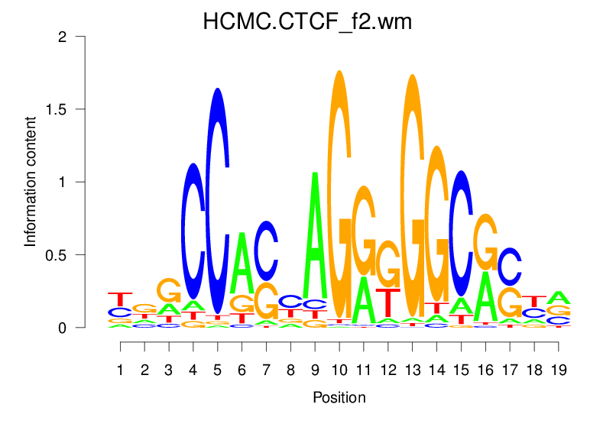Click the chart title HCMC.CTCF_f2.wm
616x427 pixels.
pos(307,21)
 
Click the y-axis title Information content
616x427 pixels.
pos(31,181)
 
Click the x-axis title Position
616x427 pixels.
pos(339,398)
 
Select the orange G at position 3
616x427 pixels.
pos(169,290)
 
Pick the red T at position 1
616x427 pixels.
pos(120,299)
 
